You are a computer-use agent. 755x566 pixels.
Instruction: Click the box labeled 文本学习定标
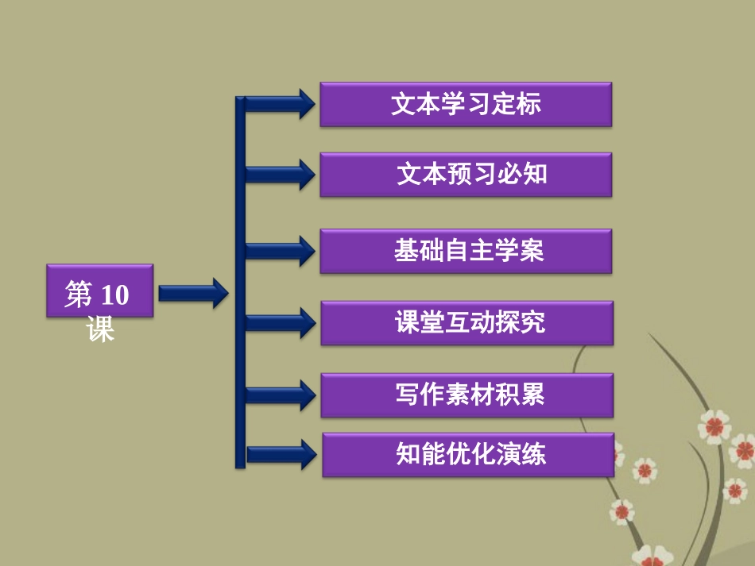tap(466, 104)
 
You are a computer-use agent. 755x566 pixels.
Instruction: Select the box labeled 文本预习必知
tap(466, 175)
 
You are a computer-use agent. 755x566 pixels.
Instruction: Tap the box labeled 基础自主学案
tap(466, 251)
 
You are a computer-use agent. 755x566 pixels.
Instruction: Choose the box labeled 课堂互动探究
tap(467, 322)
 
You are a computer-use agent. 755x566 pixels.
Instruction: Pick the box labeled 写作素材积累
tap(467, 395)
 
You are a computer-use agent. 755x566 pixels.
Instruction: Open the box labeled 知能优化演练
tap(467, 454)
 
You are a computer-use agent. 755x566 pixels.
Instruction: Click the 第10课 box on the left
tap(99, 291)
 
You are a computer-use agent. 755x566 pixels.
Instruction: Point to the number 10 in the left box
tap(114, 295)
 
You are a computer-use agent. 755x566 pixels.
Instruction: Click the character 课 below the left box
tap(101, 329)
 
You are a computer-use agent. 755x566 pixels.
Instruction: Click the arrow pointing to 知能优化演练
tap(280, 454)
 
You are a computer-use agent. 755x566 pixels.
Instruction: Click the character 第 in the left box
tap(79, 295)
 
